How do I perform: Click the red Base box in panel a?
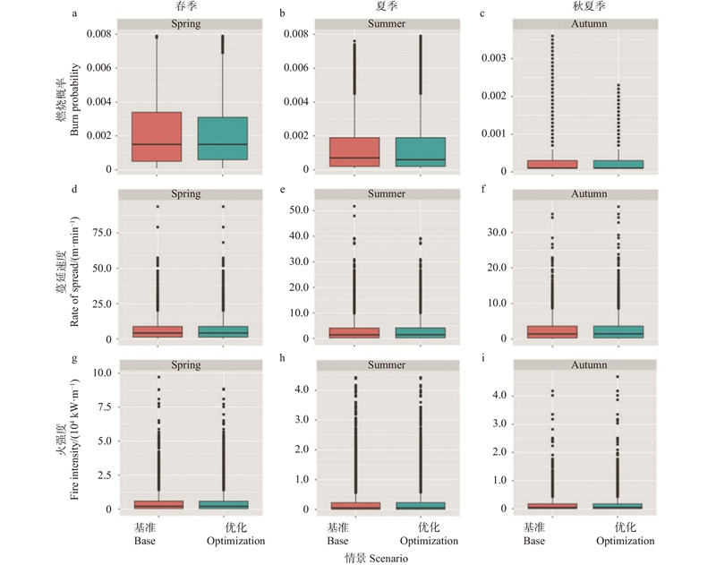157,137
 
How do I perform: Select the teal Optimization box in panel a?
223,139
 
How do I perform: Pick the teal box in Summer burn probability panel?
421,151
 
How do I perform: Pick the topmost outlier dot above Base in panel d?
157,207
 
